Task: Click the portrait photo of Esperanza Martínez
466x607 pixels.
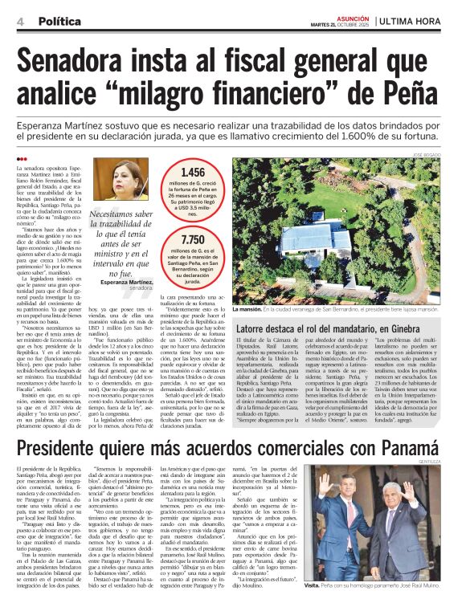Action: pyautogui.click(x=126, y=180)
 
